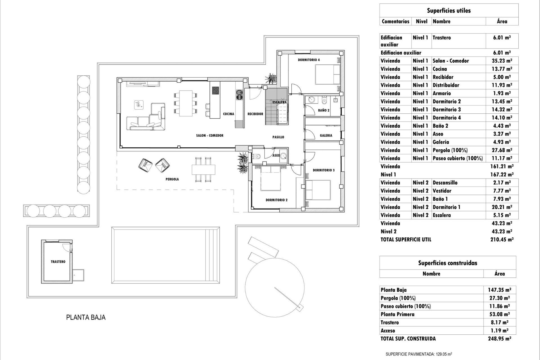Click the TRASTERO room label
(58, 262)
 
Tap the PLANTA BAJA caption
(86, 318)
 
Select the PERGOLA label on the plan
(172, 179)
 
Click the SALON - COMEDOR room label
(210, 136)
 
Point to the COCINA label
(228, 114)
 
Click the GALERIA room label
(326, 135)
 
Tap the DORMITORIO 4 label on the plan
(309, 60)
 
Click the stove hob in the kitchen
(215, 91)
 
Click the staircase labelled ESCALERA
(276, 107)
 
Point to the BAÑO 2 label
(324, 110)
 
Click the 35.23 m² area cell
(502, 61)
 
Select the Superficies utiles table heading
(449, 11)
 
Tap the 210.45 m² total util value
(502, 240)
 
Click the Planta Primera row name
(397, 314)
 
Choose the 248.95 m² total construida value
(499, 339)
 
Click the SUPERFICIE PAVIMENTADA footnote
(419, 354)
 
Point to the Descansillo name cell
(445, 183)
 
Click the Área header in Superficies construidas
(499, 274)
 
